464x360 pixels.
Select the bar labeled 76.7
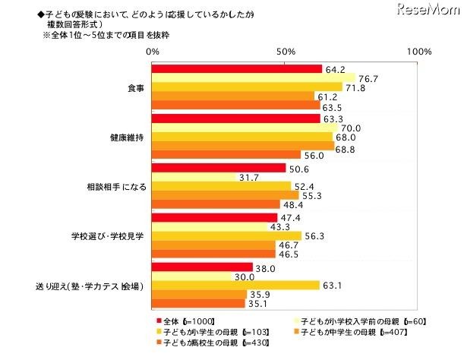254,78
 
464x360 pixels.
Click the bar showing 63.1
235,286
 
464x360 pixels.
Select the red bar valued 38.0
202,267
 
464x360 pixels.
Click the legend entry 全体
173,321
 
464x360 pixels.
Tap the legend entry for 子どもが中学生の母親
357,332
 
